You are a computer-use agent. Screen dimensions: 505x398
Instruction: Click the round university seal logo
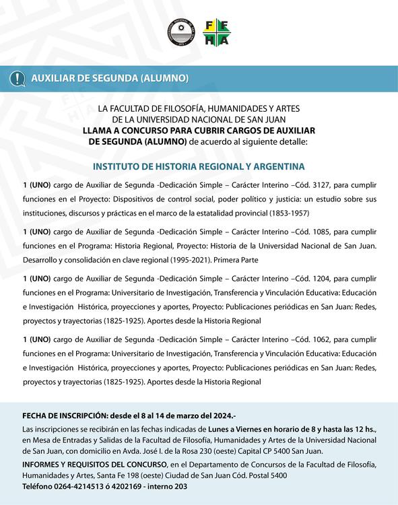click(180, 32)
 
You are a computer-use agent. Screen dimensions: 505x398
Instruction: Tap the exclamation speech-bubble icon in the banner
click(16, 78)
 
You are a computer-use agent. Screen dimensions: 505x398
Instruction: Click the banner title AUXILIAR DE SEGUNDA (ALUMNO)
click(110, 78)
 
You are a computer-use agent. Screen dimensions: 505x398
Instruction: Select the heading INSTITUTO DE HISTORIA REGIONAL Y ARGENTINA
click(199, 166)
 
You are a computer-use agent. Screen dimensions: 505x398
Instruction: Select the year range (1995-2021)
click(187, 260)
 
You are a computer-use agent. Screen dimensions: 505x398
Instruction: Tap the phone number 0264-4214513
click(84, 485)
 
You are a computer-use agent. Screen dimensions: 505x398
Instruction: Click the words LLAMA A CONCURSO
click(121, 130)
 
